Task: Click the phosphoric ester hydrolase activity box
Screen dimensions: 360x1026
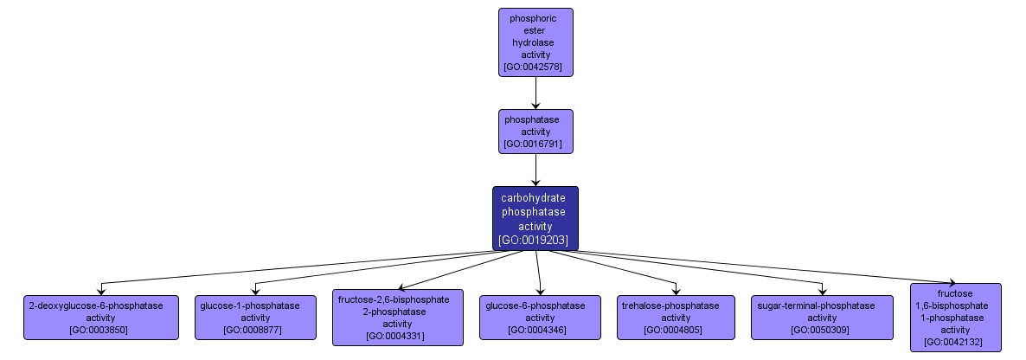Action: click(535, 41)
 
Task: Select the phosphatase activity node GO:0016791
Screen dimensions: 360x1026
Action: click(535, 131)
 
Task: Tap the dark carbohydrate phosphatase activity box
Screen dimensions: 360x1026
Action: click(535, 218)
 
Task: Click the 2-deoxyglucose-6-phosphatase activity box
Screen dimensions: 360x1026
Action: click(100, 317)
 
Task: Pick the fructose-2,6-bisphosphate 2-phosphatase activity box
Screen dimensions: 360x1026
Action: click(397, 317)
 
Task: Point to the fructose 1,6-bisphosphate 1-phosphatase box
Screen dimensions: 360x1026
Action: click(955, 317)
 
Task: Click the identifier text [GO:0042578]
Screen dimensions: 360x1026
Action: click(535, 66)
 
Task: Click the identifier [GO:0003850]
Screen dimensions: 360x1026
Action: click(100, 330)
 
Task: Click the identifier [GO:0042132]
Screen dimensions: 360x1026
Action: click(955, 342)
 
